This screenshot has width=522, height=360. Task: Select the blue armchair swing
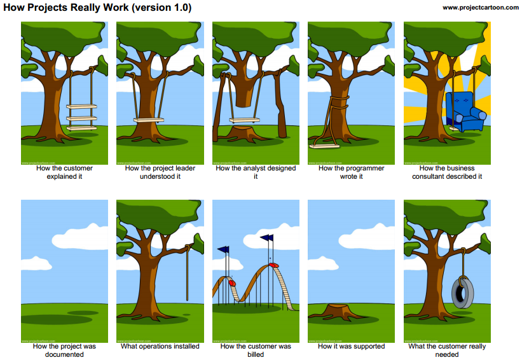coord(464,112)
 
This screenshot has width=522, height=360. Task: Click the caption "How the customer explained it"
coord(64,172)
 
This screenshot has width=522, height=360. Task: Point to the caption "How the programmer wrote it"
coord(351,172)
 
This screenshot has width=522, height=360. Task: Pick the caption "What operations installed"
coord(160,346)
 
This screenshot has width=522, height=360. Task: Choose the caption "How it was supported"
coord(351,346)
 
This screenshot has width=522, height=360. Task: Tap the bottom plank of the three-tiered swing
coord(81,128)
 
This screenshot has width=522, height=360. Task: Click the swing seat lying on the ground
coord(325,145)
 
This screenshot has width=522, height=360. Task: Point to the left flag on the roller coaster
coord(224,250)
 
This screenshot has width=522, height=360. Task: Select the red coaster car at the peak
coord(273,263)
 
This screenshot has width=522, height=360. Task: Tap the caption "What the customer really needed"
coord(446,350)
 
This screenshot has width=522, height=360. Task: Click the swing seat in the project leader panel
coord(149,120)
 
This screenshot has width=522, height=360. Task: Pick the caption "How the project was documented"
coord(64,350)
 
